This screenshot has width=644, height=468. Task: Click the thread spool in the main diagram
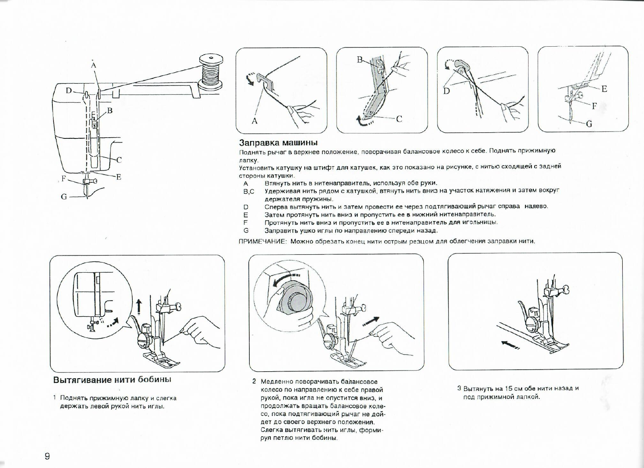(211, 71)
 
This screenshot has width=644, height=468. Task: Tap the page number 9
(47, 456)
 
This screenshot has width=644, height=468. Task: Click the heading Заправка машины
(278, 143)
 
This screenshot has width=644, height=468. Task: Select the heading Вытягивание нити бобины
(112, 380)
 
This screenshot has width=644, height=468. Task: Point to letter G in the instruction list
(246, 231)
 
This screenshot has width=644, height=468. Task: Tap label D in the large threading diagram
(68, 91)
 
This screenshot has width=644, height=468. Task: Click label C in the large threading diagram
(119, 160)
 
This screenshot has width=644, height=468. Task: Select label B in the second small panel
(359, 59)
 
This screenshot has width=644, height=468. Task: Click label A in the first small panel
(254, 121)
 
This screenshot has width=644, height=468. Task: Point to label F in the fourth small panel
(594, 106)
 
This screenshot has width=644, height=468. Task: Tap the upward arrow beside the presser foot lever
(139, 306)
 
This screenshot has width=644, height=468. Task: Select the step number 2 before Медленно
(254, 381)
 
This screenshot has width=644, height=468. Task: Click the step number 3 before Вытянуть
(459, 388)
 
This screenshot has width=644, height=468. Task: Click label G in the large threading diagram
(64, 197)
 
